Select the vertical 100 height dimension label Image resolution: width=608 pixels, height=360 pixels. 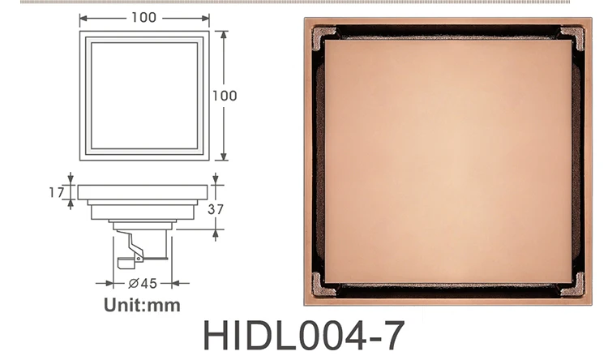coord(225,96)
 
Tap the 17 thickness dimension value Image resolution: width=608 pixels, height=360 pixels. coord(56,192)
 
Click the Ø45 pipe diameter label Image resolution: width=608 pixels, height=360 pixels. coord(142,283)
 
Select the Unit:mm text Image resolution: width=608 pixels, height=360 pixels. coord(142,306)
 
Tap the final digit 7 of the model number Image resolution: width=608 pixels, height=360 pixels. coord(388,336)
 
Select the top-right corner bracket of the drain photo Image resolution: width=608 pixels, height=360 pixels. coord(572,36)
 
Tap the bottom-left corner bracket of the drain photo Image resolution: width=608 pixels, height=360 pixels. coord(324,285)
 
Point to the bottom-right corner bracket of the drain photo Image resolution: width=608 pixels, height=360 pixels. coord(572,285)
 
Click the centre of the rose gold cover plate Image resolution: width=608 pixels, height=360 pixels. coord(448,160)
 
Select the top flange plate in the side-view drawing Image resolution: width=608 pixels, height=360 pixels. coord(143,193)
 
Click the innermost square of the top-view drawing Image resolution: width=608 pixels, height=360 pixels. coord(144,95)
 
